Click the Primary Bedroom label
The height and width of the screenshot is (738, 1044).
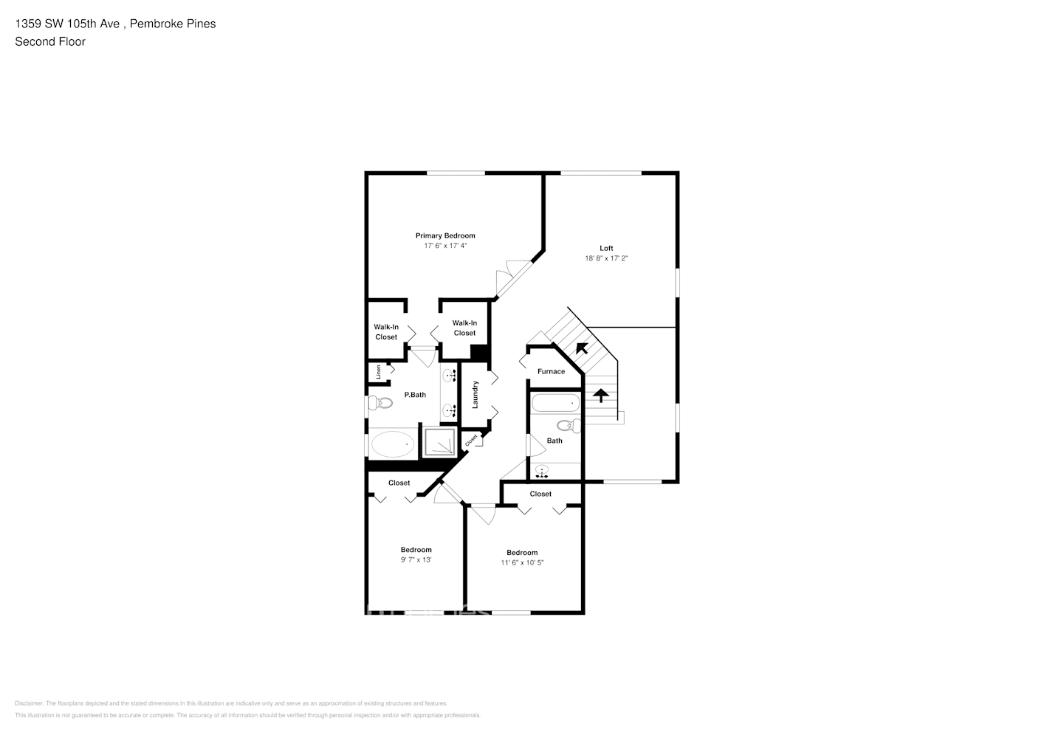[x=444, y=235]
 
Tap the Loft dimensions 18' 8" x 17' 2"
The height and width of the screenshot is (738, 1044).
[x=605, y=258]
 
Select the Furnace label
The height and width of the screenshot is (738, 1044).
[x=551, y=371]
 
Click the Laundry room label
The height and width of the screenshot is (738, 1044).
[x=475, y=394]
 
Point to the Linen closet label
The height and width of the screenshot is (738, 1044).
[x=379, y=372]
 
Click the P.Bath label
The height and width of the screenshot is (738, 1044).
[x=415, y=395]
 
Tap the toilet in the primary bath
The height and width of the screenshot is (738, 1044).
[x=380, y=403]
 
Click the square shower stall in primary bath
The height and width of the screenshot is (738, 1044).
[x=440, y=441]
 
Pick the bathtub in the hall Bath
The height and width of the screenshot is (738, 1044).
[x=557, y=404]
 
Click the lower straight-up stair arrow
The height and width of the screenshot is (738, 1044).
[x=601, y=396]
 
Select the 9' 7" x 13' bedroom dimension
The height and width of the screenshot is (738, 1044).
[x=416, y=559]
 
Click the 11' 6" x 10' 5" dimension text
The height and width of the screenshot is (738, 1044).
[x=522, y=562]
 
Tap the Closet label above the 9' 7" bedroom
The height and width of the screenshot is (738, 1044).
[x=399, y=483]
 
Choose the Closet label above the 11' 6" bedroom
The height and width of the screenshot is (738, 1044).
[x=540, y=494]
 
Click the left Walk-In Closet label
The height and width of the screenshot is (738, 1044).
[x=385, y=332]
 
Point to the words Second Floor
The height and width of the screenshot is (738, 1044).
[x=50, y=41]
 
